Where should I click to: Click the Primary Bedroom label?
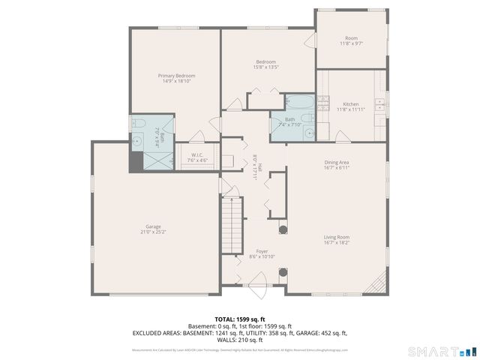(176, 76)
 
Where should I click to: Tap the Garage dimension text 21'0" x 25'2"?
(153, 232)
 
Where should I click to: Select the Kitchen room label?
(350, 104)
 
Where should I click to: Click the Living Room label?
(337, 237)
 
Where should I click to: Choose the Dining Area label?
(337, 162)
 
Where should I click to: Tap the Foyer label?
(262, 252)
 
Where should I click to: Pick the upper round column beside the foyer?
(283, 228)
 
